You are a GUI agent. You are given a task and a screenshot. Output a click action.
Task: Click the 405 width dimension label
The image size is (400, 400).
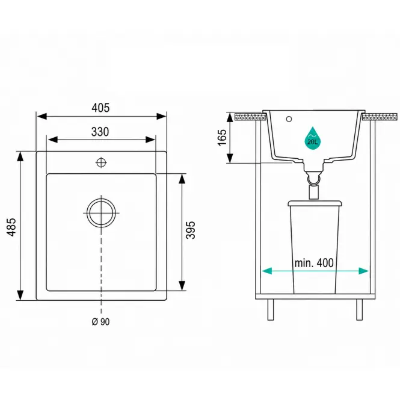coord(100,108)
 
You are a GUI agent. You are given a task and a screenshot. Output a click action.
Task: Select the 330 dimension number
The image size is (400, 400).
coord(100,132)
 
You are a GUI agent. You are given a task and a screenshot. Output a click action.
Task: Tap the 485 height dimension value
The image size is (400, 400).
coord(11,227)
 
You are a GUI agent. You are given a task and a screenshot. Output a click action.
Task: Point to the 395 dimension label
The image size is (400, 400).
coord(190,230)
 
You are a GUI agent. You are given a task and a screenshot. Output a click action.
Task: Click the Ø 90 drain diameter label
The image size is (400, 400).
coord(100,322)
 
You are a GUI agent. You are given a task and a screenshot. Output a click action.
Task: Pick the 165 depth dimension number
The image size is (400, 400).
coord(222,138)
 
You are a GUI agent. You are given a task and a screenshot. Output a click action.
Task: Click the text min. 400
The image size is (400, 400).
coord(314,263)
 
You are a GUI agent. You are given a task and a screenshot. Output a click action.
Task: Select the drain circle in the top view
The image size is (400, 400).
coord(101,212)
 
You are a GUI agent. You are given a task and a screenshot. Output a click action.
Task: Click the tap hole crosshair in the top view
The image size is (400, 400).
coord(101,162)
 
